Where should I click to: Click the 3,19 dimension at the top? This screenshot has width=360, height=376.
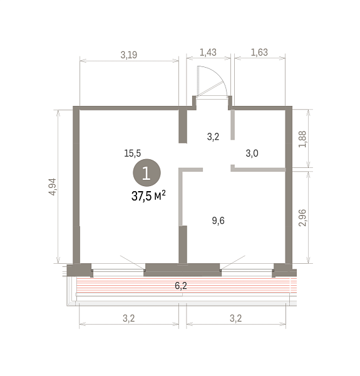click(129, 55)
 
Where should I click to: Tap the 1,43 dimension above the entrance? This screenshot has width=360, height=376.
click(208, 52)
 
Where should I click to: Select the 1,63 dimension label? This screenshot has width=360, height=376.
click(259, 52)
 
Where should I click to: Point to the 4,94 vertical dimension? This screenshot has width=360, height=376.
click(53, 187)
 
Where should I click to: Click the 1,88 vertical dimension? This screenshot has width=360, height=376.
click(302, 139)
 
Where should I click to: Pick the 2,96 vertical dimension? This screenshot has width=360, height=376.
click(302, 217)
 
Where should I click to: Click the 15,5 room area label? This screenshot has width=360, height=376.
click(133, 154)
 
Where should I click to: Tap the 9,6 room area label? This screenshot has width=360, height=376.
click(219, 221)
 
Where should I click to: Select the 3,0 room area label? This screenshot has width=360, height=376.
click(252, 154)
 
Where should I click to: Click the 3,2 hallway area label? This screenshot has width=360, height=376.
click(213, 137)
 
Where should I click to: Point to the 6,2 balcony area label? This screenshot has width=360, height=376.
click(181, 286)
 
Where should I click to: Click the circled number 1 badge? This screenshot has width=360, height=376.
click(147, 173)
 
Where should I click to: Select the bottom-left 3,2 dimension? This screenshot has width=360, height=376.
click(128, 318)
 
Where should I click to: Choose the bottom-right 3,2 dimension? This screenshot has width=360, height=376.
click(235, 318)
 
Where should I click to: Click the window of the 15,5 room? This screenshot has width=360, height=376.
click(118, 270)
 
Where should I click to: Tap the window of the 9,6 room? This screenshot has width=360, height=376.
click(247, 270)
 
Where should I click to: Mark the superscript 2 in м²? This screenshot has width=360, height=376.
click(163, 193)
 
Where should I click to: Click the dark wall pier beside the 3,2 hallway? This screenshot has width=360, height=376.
click(183, 126)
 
